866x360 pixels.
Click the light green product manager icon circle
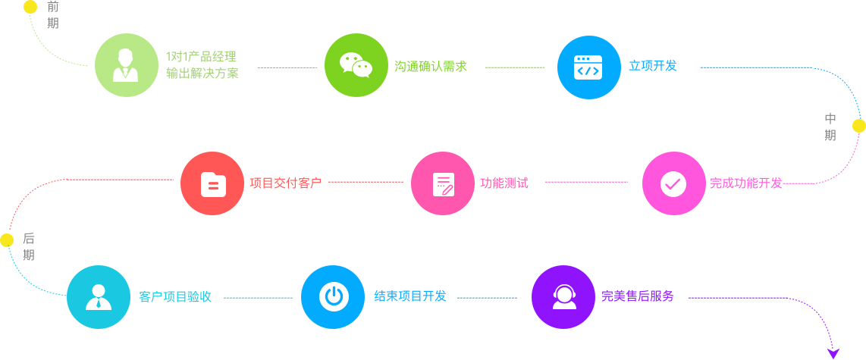(126, 65)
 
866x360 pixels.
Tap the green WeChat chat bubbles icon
(356, 65)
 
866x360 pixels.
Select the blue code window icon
(588, 67)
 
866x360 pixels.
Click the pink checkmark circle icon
(673, 183)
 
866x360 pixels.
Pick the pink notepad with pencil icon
(443, 183)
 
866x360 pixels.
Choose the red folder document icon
(212, 183)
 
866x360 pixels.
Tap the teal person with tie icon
(99, 296)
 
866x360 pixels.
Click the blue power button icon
(333, 296)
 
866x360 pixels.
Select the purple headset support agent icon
(563, 296)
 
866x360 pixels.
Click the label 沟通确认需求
(430, 67)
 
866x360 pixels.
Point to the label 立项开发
(652, 66)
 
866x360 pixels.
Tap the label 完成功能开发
(745, 183)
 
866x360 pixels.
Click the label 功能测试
(504, 183)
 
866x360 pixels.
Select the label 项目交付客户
(285, 183)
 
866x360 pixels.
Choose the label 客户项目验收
(175, 296)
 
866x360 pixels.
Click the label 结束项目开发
(410, 296)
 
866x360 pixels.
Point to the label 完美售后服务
(638, 296)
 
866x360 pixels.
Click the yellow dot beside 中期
(858, 126)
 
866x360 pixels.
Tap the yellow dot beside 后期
(7, 240)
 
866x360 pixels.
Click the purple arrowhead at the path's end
(833, 353)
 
